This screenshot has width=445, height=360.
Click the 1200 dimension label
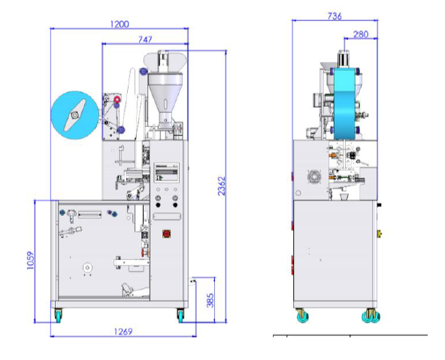coord(120,24)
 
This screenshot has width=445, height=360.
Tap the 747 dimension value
coord(145,39)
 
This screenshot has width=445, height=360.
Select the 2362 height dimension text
coord(222,186)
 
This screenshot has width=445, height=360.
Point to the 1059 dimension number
coord(30,260)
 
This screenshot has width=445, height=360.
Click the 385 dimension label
coord(210,301)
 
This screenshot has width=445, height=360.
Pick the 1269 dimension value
coord(123,331)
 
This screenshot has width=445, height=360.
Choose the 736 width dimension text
coord(335,17)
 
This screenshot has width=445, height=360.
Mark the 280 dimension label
coord(361,35)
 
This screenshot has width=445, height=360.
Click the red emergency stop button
coord(167,234)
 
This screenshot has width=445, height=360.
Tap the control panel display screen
coord(167,172)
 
